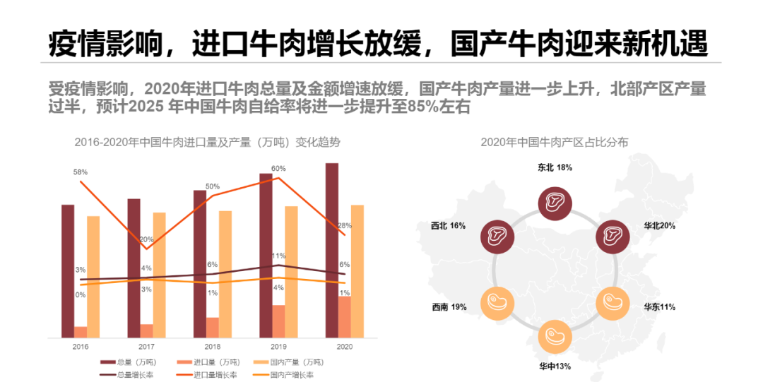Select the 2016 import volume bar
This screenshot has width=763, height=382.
coord(81,332)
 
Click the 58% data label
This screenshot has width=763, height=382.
coord(80,172)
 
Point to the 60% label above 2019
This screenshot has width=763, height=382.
coord(278,169)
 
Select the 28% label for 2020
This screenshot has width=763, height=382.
coord(345,226)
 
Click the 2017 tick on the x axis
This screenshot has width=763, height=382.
coord(146,347)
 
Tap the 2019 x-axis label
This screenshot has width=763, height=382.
coord(278,347)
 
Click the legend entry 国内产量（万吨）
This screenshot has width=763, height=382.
coord(295,362)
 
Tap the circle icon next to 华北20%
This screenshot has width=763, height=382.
coord(612,234)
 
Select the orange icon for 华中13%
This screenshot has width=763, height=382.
coord(553,336)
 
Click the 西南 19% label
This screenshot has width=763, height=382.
coord(449,307)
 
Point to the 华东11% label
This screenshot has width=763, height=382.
coord(659,307)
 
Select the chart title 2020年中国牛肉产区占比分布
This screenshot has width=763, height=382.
coord(554,142)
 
